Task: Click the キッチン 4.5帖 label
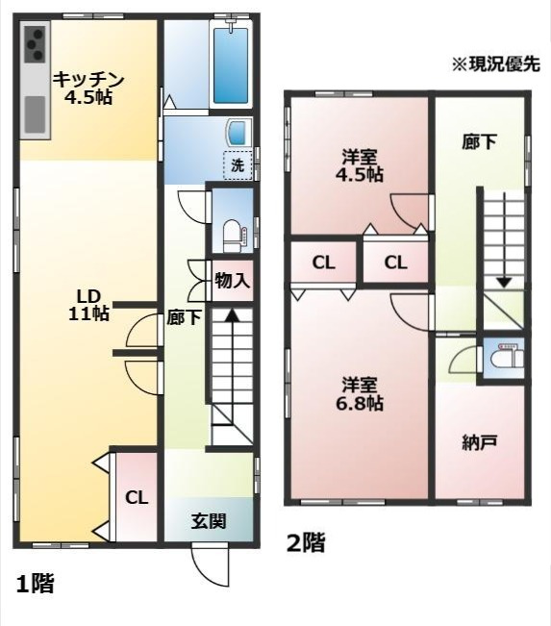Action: (89, 88)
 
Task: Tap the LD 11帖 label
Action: (88, 305)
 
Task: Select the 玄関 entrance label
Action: (208, 523)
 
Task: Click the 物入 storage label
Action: (232, 282)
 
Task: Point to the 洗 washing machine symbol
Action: (238, 164)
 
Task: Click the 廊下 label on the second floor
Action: (479, 142)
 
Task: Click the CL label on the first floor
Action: (137, 497)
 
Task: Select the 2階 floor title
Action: (307, 543)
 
